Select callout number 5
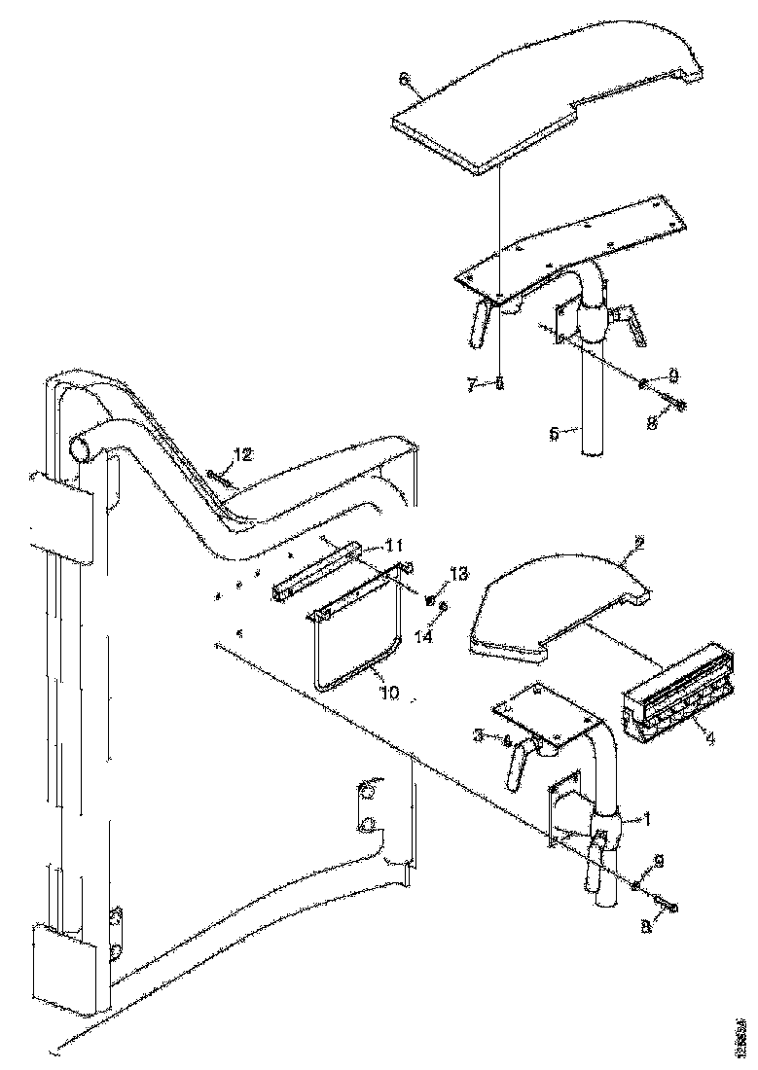(554, 434)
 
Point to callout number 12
(241, 454)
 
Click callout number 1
(642, 819)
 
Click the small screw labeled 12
(222, 476)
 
